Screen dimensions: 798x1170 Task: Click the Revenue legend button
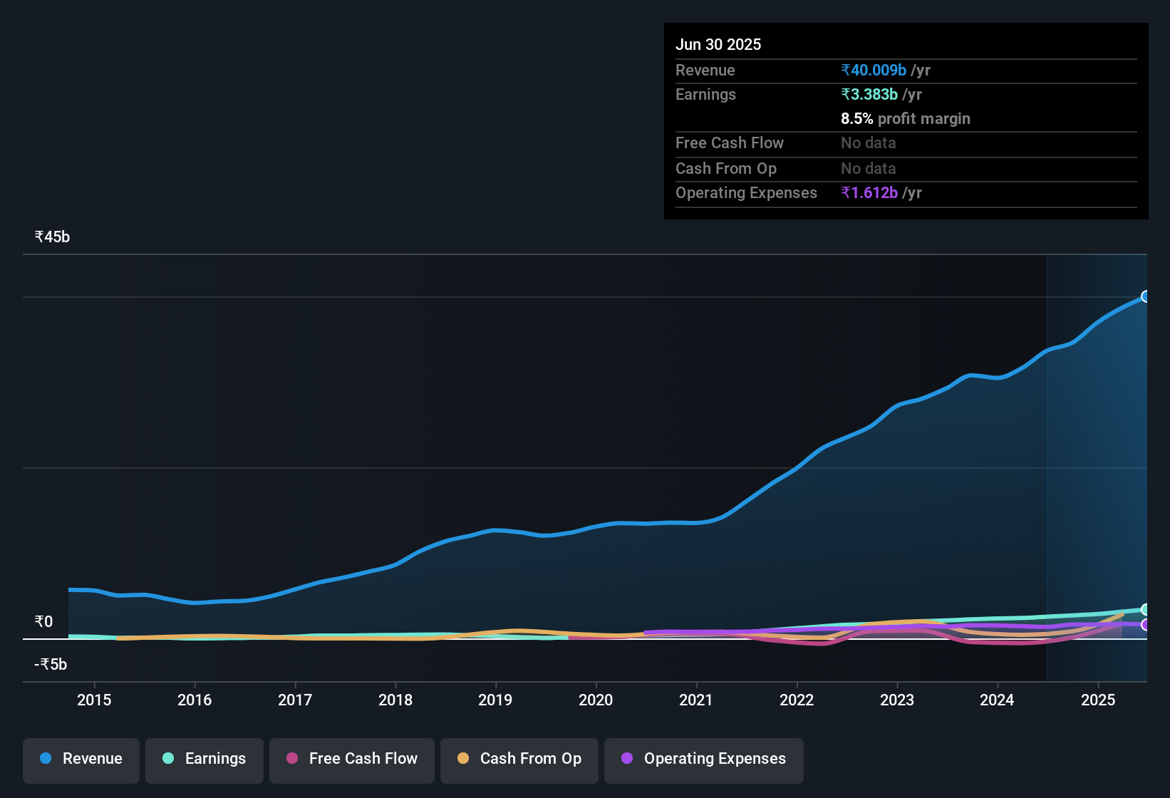click(81, 759)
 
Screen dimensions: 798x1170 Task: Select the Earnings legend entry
click(205, 759)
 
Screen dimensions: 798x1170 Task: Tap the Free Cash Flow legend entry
click(352, 759)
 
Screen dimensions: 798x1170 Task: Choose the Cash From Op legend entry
click(519, 759)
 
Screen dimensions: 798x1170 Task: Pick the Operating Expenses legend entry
click(704, 759)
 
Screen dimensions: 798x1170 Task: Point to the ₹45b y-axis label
click(52, 237)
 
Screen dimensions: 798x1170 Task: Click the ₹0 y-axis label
click(43, 622)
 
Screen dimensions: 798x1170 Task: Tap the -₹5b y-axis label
click(51, 665)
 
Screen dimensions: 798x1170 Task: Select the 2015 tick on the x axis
click(94, 700)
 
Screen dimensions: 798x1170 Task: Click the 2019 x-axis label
click(495, 700)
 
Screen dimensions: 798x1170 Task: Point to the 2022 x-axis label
click(797, 700)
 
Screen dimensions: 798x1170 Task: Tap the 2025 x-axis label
click(1098, 700)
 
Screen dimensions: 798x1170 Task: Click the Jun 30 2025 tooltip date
click(718, 45)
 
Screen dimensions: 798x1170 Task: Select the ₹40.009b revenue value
click(874, 71)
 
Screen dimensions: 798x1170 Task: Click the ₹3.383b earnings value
click(869, 95)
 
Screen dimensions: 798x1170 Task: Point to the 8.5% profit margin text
click(906, 119)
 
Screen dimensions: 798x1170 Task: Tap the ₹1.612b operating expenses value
click(869, 193)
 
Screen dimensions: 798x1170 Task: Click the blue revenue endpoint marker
click(1146, 296)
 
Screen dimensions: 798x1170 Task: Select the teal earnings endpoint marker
click(1146, 609)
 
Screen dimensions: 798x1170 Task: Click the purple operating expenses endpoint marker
click(1146, 625)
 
